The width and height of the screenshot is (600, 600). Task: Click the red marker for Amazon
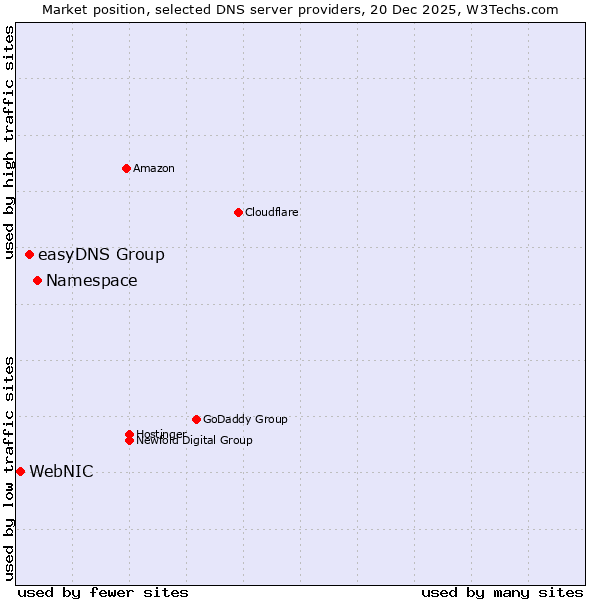[126, 168]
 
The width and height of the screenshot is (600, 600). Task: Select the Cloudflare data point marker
[238, 212]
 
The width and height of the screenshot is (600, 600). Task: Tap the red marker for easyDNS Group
[29, 255]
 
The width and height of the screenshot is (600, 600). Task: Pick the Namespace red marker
[37, 280]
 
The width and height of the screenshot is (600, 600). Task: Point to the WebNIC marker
[20, 471]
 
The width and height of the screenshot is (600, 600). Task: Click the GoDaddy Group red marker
[196, 419]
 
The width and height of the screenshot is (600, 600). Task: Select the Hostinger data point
[129, 434]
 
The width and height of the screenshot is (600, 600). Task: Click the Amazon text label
[154, 168]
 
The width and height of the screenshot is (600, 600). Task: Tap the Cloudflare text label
[272, 212]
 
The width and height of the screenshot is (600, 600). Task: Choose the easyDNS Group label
[101, 255]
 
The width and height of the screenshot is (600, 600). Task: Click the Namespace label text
[92, 281]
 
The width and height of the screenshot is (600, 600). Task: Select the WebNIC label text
[61, 472]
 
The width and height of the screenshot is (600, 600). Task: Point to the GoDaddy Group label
[245, 419]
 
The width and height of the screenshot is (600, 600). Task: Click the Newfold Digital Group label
[195, 441]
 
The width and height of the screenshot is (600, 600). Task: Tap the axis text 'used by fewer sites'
[103, 593]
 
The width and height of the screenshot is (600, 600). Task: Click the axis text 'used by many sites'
[502, 593]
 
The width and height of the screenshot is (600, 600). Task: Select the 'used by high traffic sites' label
[10, 142]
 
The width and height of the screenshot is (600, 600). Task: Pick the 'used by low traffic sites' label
[10, 468]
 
